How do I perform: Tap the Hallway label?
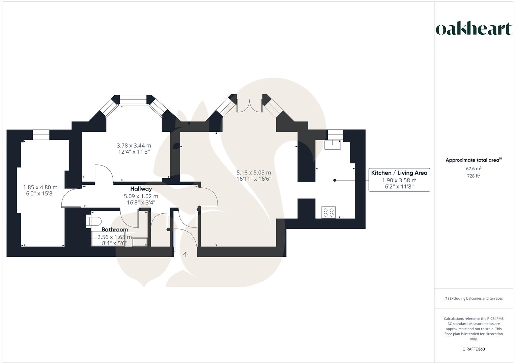coord(141,189)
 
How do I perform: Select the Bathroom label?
coord(114,229)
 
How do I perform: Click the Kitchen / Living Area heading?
coord(399,173)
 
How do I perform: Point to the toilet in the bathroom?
coord(93,221)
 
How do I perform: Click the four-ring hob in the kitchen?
coord(328,212)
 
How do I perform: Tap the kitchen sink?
coord(332,145)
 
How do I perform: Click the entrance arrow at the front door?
coord(185,254)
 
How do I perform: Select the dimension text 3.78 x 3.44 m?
coord(134,146)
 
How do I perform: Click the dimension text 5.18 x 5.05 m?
coord(254,172)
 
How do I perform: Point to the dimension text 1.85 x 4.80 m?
coord(40,187)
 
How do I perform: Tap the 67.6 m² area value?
coord(474,169)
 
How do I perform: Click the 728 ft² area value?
coord(474,176)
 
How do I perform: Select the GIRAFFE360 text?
coord(474,349)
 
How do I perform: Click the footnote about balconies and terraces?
coord(474,298)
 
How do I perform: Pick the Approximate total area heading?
coord(474,160)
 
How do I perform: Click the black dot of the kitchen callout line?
coord(335,180)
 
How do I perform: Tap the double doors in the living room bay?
coord(250,106)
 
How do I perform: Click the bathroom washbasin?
coord(140,242)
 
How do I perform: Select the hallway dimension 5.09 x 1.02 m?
coord(141,196)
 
